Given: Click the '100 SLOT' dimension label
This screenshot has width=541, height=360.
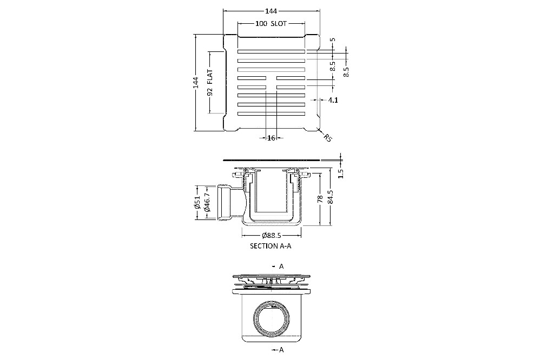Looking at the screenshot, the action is point(271,23).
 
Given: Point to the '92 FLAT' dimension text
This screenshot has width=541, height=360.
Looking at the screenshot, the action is point(209,82).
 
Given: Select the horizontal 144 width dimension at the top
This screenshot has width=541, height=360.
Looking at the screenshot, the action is point(271,11).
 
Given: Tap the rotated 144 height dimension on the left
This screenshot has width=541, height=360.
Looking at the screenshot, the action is point(196,82).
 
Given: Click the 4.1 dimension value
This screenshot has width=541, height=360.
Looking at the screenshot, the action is point(333,100).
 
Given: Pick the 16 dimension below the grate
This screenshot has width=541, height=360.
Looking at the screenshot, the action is point(271,138).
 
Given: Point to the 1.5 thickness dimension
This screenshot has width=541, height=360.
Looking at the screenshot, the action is point(341,174).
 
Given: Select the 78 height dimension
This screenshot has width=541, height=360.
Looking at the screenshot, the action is point(320,199).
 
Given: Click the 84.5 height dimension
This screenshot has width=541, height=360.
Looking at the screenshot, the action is point(330,197).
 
